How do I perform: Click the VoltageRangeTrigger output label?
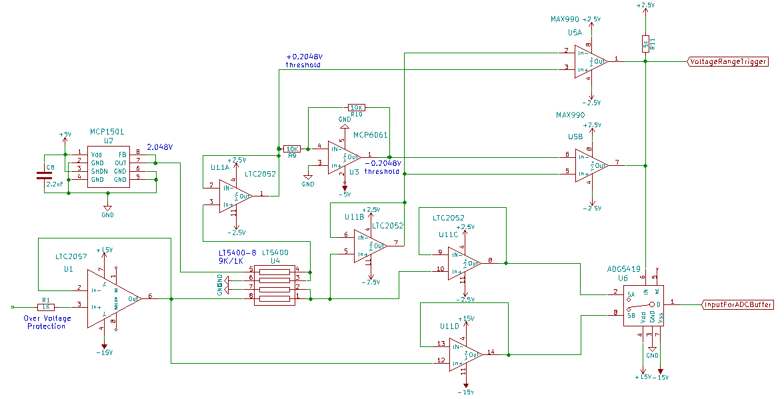[727, 61]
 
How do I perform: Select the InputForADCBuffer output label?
[738, 304]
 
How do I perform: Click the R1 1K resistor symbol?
[46, 307]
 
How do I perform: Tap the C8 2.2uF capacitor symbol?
[43, 177]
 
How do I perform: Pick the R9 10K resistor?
[292, 149]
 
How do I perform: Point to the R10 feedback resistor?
[357, 107]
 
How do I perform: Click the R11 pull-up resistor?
[645, 44]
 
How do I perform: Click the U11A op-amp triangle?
[234, 196]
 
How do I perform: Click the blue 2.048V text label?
[159, 147]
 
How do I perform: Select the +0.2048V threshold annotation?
[305, 61]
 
